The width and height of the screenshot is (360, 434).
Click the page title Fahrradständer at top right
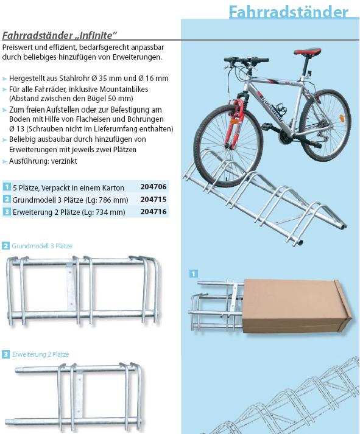288,12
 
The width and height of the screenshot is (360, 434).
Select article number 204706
154,187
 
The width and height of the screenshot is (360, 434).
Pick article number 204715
154,199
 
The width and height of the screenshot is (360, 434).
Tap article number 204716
154,212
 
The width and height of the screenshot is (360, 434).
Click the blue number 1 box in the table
7,187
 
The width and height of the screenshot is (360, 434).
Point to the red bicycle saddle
308,52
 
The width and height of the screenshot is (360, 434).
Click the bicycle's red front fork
235,122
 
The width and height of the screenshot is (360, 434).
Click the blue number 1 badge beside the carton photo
194,274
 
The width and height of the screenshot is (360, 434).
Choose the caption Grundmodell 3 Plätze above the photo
42,246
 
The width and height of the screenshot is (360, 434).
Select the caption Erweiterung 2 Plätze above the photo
40,354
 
